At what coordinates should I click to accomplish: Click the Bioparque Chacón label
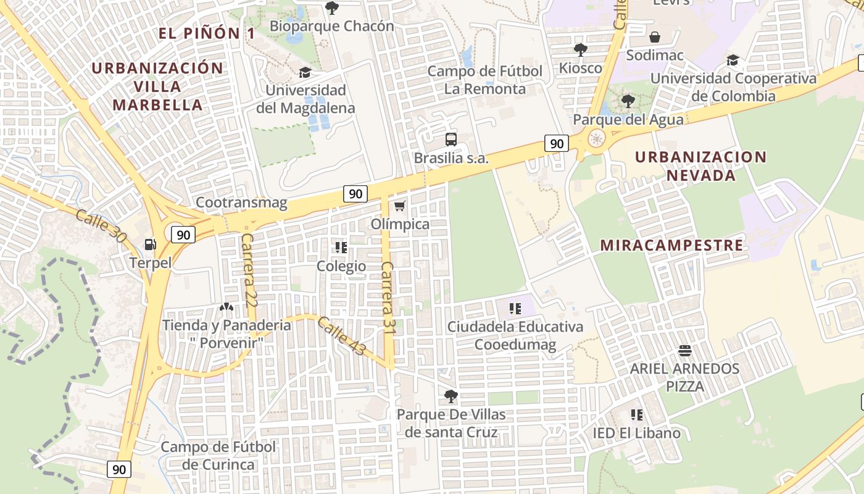pos(331,26)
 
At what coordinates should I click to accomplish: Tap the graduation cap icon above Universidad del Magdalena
pos(305,73)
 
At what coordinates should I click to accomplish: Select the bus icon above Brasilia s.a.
pos(451,140)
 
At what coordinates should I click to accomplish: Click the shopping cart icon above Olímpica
pos(400,206)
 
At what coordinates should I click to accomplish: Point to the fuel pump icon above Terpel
pos(150,245)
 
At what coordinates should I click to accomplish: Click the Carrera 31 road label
pos(388,298)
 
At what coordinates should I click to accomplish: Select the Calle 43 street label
pos(341,336)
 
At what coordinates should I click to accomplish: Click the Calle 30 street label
pos(100,225)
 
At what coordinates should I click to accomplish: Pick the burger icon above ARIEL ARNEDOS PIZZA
pos(684,351)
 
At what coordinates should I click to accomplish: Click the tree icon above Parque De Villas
pos(451,396)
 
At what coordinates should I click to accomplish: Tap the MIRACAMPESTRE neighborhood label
pos(671,245)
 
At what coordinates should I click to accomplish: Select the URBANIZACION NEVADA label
pos(700,166)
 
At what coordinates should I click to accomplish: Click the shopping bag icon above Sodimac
pos(655,37)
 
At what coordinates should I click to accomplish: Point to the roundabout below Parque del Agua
pos(596,139)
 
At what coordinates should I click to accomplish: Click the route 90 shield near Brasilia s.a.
pos(556,144)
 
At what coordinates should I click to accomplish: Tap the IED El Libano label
pos(636,433)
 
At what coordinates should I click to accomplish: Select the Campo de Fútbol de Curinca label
pos(218,455)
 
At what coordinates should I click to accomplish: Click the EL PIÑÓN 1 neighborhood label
pos(206,33)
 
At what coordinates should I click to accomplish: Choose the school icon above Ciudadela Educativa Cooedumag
pos(515,308)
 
